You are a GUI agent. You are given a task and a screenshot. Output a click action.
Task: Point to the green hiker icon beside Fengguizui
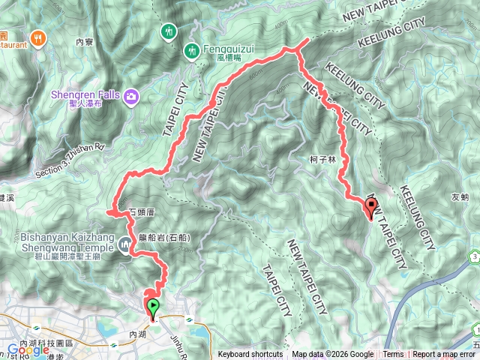[x=192, y=51]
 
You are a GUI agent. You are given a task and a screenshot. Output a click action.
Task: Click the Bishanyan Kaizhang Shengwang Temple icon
[x=123, y=241]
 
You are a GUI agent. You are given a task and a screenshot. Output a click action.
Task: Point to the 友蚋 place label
[x=460, y=197]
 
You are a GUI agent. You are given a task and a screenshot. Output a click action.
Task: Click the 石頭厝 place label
[x=141, y=212]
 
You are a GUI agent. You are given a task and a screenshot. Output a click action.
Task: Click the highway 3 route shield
[x=476, y=257]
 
